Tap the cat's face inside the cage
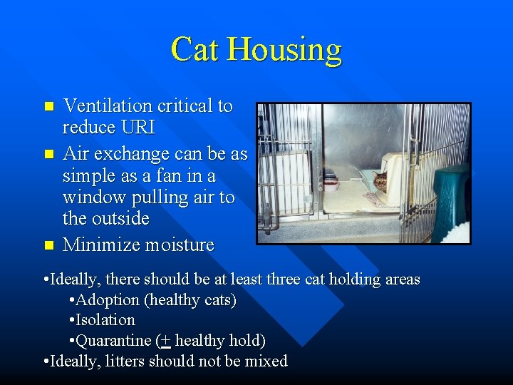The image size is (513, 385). click(380, 181)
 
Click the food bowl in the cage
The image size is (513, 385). click(331, 185)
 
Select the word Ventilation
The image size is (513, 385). click(108, 106)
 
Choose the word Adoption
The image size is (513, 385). click(104, 300)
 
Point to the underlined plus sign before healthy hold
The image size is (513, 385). click(165, 341)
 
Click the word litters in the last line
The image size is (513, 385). click(126, 361)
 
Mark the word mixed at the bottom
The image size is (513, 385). click(266, 361)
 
